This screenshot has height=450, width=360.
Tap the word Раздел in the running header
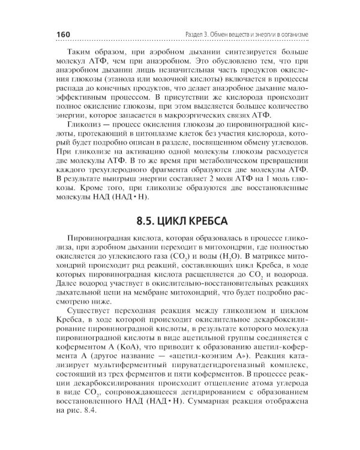[197, 34]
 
